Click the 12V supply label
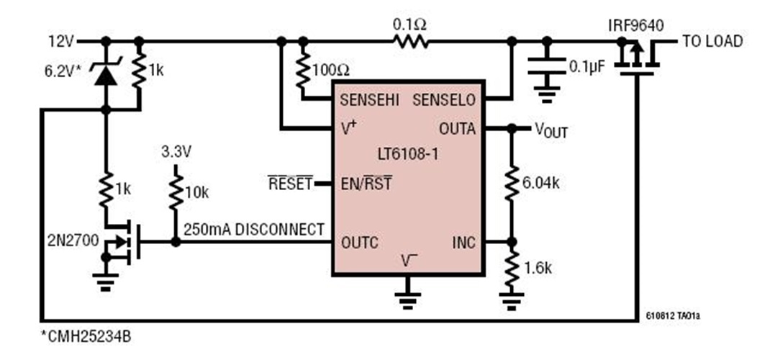(x=60, y=41)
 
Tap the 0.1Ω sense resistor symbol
(x=409, y=42)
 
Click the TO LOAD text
(x=712, y=42)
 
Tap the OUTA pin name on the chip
(x=457, y=129)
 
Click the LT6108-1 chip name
(x=407, y=155)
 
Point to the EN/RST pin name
(x=366, y=184)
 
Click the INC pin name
(x=463, y=242)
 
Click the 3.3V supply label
(x=176, y=153)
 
